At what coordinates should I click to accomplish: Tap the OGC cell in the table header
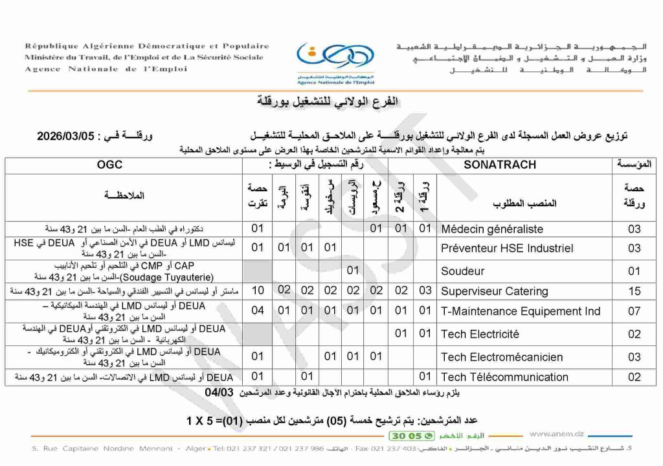click(x=109, y=165)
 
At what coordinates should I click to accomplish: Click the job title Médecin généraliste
click(x=491, y=229)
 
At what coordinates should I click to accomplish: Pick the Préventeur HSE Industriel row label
click(x=507, y=248)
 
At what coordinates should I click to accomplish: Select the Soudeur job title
click(x=462, y=271)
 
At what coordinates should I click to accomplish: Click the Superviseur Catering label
click(x=494, y=292)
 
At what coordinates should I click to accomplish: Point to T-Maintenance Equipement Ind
click(x=521, y=312)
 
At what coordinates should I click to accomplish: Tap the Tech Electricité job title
click(x=480, y=334)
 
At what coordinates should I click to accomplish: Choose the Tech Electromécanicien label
click(x=502, y=357)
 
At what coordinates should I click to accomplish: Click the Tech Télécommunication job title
click(x=504, y=377)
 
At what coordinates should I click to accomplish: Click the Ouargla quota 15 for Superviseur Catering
click(x=634, y=292)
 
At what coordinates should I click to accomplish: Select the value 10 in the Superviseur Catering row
click(x=257, y=292)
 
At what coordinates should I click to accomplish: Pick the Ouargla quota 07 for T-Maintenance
click(x=634, y=312)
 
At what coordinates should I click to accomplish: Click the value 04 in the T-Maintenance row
click(x=257, y=312)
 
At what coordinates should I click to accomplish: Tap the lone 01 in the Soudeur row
click(x=353, y=270)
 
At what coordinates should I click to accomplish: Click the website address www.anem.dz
click(x=557, y=434)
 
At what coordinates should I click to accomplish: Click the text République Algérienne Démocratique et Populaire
click(x=147, y=47)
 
